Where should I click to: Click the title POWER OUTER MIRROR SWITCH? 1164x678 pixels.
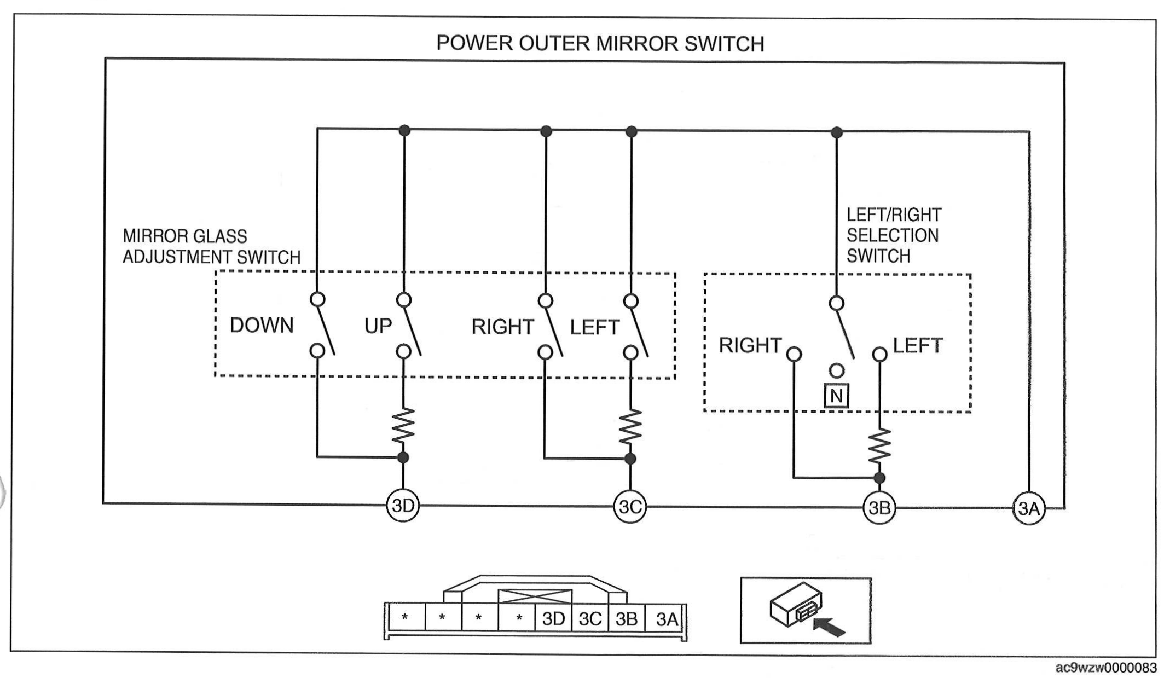point(600,44)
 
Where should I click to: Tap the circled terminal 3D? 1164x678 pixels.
point(403,506)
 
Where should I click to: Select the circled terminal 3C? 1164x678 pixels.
point(630,507)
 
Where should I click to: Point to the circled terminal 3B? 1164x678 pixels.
point(879,508)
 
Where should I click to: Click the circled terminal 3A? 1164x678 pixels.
point(1029,509)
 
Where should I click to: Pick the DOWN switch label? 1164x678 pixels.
point(262,326)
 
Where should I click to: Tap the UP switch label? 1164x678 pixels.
point(378,326)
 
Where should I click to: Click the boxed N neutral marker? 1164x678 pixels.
point(836,396)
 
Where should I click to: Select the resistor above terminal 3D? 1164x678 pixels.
point(403,425)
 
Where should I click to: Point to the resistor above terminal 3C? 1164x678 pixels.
point(630,427)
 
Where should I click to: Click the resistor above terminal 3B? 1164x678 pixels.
point(879,446)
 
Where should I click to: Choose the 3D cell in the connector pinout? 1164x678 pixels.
point(553,619)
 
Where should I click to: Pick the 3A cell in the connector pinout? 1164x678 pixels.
point(665,619)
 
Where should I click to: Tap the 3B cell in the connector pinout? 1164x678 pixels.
point(627,619)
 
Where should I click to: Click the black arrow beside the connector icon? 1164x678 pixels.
point(829,627)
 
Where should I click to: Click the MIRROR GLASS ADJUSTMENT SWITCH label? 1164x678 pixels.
point(211,247)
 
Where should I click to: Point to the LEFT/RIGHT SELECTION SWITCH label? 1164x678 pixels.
point(894,235)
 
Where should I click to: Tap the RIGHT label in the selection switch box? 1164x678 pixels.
point(750,345)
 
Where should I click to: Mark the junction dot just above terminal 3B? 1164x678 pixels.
point(879,478)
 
